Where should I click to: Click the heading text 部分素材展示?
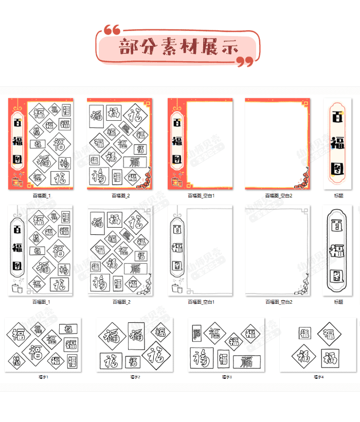[x=178, y=48]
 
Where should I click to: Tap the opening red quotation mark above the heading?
[x=112, y=30]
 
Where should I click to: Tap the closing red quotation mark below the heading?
[x=245, y=62]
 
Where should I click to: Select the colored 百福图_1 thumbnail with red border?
[x=41, y=144]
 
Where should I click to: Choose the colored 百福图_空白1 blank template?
[x=200, y=144]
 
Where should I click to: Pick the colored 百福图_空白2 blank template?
[x=278, y=144]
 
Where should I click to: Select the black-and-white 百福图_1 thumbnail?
[x=41, y=251]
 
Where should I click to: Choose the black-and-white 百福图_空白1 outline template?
[x=200, y=251]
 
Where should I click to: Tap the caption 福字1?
[x=44, y=377]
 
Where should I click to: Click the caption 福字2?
[x=135, y=377]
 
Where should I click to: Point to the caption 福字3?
[x=227, y=377]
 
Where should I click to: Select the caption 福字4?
[x=318, y=377]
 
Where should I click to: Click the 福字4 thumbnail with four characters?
[x=318, y=344]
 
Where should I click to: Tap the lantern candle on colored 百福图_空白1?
[x=177, y=181]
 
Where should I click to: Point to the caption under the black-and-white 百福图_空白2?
[x=279, y=302]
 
